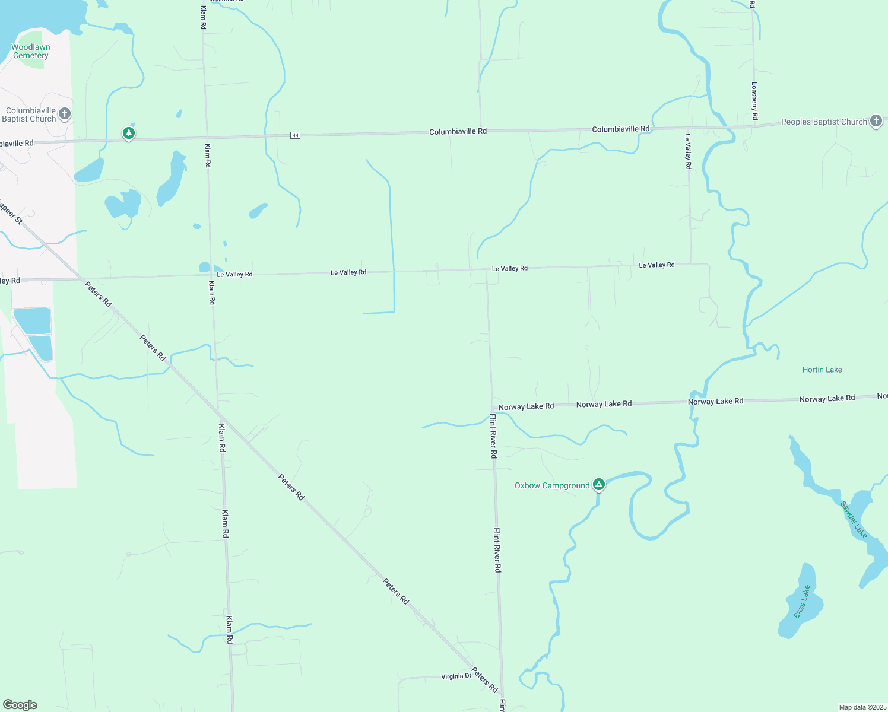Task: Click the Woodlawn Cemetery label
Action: pyautogui.click(x=31, y=52)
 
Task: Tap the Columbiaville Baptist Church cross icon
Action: pyautogui.click(x=65, y=113)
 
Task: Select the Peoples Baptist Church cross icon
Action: pyautogui.click(x=876, y=121)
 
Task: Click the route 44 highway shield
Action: pyautogui.click(x=296, y=135)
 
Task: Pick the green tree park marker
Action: pyautogui.click(x=129, y=132)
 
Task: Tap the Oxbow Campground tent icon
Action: pyautogui.click(x=600, y=485)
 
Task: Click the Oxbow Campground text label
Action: pyautogui.click(x=552, y=485)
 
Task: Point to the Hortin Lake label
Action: pyautogui.click(x=822, y=370)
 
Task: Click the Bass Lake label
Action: pyautogui.click(x=802, y=602)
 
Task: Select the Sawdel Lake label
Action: pyautogui.click(x=854, y=520)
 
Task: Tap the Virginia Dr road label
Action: pyautogui.click(x=456, y=676)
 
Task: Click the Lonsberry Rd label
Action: pyautogui.click(x=754, y=101)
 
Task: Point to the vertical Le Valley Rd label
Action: pyautogui.click(x=688, y=151)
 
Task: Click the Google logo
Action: pyautogui.click(x=20, y=705)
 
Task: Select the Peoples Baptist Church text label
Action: pyautogui.click(x=824, y=122)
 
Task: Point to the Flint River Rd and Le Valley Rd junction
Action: pyautogui.click(x=487, y=270)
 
